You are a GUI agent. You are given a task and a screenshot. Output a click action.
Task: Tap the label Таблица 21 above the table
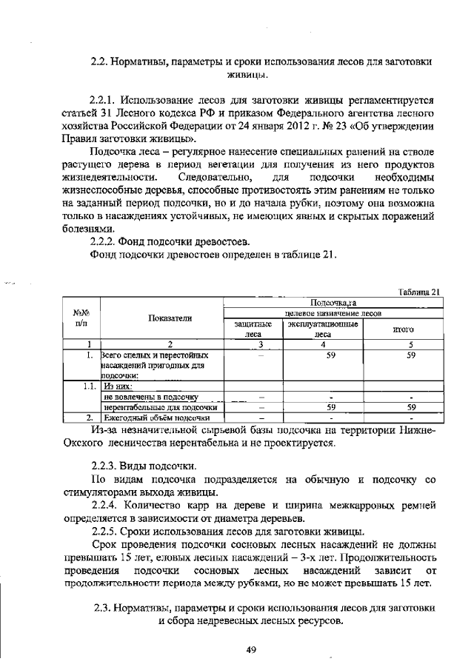point(419,292)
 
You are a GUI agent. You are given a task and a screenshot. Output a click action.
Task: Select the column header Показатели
point(170,318)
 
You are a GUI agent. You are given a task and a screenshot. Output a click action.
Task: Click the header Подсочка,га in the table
point(333,303)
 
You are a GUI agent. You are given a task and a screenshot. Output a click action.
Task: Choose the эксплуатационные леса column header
point(323,329)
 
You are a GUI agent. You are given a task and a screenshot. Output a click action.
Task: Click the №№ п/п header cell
point(81,318)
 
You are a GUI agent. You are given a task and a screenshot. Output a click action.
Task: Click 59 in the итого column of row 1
point(405,355)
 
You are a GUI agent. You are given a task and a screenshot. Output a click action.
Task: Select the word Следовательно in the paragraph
point(213,178)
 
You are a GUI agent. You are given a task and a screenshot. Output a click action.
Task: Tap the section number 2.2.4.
point(107,505)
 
